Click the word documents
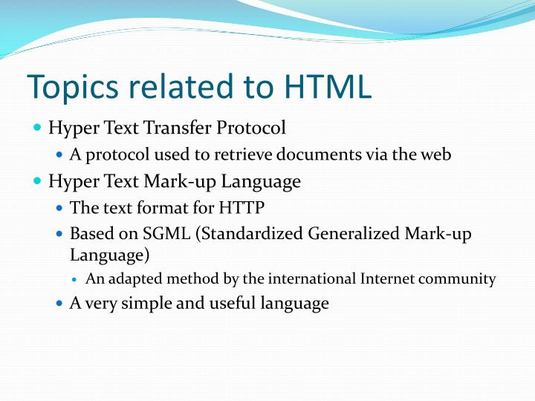point(336,155)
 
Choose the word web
point(435,155)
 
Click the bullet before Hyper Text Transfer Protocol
point(38,128)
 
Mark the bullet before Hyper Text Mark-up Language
point(38,181)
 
